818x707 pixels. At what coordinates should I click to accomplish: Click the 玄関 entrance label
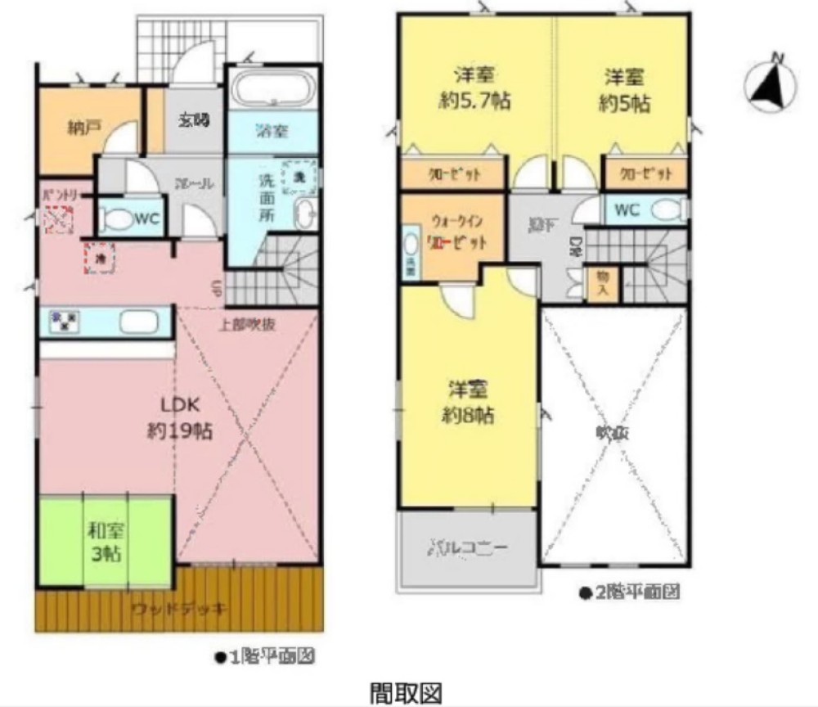point(194,120)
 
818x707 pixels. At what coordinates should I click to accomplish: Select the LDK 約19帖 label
point(180,418)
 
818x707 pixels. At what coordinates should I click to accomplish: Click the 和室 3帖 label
point(104,542)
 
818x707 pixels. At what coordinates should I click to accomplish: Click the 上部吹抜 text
point(246,323)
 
